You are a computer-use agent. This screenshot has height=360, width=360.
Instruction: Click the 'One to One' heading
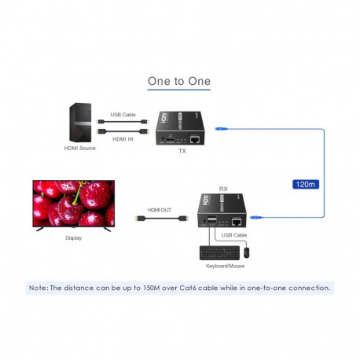tap(179, 81)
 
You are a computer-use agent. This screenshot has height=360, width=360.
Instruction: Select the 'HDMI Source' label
tap(79, 148)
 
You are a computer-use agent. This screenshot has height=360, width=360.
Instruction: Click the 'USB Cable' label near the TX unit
tap(123, 115)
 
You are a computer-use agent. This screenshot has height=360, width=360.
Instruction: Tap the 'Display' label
tap(73, 237)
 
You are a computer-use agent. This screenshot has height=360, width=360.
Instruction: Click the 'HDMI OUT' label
tap(160, 210)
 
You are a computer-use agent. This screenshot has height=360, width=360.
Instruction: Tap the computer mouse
tap(246, 252)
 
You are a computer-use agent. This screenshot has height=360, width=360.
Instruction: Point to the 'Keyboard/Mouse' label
tap(226, 266)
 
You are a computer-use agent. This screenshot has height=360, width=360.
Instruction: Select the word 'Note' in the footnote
tap(38, 288)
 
